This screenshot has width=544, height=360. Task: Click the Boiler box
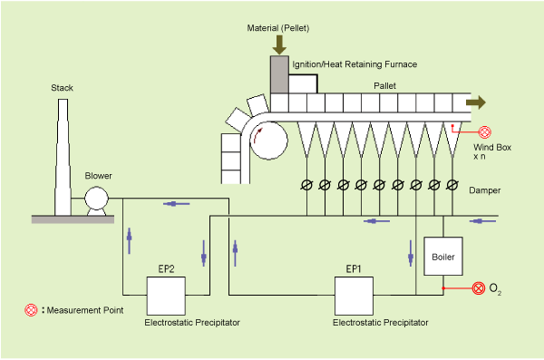(x=442, y=257)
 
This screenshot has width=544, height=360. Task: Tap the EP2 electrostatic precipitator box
(x=167, y=296)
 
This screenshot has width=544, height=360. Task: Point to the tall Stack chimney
(x=62, y=154)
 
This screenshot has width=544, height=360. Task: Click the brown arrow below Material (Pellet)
(x=280, y=43)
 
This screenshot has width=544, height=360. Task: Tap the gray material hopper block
(x=280, y=73)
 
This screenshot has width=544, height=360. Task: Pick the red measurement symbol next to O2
(x=479, y=289)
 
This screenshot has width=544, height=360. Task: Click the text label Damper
(x=486, y=191)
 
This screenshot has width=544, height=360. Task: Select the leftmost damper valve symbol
(x=306, y=185)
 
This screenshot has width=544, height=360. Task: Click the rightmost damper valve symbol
(x=452, y=185)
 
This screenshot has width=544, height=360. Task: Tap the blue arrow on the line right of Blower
(x=176, y=204)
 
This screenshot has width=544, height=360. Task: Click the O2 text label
(x=495, y=289)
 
